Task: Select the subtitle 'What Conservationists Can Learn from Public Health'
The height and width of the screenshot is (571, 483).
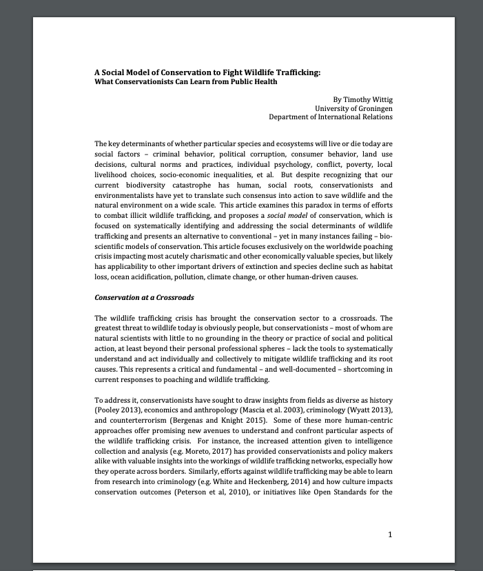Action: coord(185,82)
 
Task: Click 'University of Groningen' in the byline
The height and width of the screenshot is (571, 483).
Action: coord(353,108)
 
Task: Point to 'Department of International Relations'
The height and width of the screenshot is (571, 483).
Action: coord(331,117)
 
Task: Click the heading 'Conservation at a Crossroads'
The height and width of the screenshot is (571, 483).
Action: coord(144,297)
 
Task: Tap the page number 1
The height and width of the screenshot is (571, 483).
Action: coord(390,534)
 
